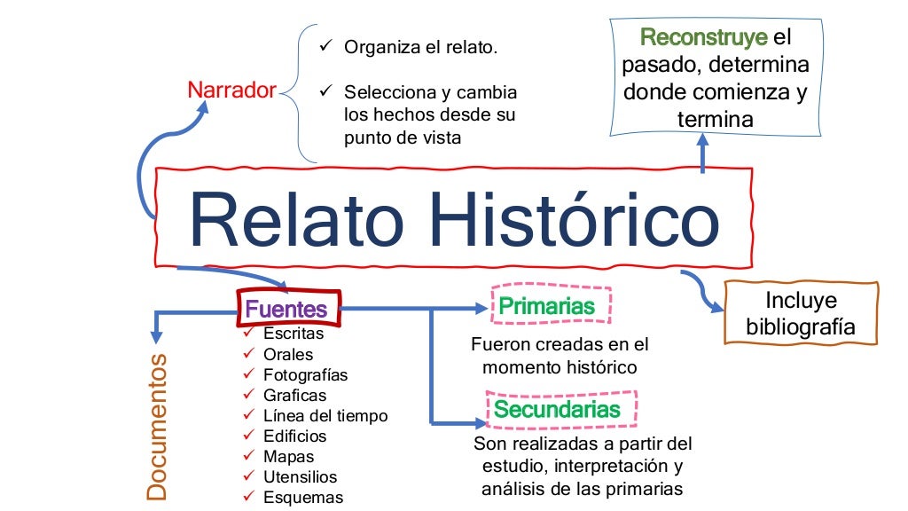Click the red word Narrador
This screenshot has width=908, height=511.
(231, 90)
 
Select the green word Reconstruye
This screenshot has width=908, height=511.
(703, 38)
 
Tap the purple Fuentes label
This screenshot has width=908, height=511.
(286, 310)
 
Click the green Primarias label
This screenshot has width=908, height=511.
(546, 307)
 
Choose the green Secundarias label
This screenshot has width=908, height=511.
(557, 410)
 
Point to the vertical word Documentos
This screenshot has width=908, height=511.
(157, 427)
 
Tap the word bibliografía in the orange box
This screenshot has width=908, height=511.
(800, 327)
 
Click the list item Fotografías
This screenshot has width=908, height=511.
(305, 374)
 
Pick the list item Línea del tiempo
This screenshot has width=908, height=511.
(325, 415)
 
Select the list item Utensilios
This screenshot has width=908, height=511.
(300, 476)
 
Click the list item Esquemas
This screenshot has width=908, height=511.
(302, 497)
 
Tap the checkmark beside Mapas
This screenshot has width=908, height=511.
(249, 456)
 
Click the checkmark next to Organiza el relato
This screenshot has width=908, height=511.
(325, 45)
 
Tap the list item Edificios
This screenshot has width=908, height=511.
(294, 436)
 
